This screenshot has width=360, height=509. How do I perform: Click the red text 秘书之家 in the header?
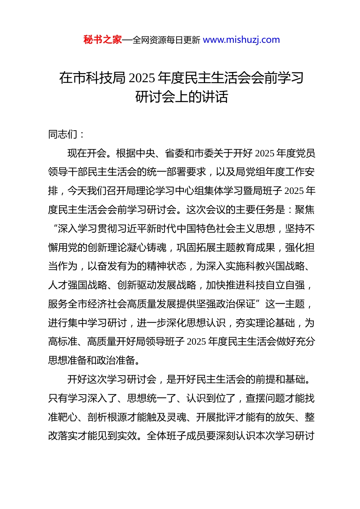(103, 40)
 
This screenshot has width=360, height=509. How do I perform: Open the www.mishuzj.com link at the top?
(241, 40)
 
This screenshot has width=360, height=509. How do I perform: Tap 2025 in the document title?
(142, 78)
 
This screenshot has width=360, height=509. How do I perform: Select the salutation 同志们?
(63, 134)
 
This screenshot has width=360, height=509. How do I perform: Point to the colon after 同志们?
(82, 135)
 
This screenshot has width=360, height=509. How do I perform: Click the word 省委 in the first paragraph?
(175, 153)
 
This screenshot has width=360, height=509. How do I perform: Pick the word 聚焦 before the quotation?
(305, 209)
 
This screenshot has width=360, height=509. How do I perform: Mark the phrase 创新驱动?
(137, 285)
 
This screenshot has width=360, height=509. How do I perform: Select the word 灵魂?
(177, 417)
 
